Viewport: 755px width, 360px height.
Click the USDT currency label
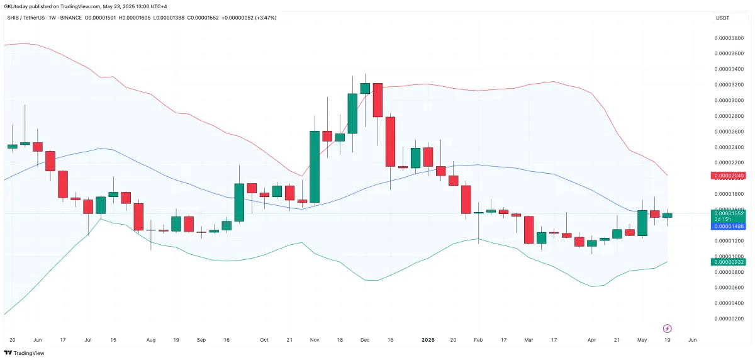point(722,18)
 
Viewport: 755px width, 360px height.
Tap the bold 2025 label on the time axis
point(428,340)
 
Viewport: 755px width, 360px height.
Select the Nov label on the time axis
point(315,340)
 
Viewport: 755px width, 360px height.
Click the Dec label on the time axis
point(365,340)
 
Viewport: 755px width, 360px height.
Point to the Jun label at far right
point(692,340)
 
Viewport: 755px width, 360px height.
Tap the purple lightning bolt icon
point(668,329)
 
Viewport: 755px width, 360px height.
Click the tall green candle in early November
point(315,167)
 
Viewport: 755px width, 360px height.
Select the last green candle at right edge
point(667,215)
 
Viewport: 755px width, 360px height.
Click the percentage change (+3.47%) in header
point(264,18)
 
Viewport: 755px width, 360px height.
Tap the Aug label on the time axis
point(151,340)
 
